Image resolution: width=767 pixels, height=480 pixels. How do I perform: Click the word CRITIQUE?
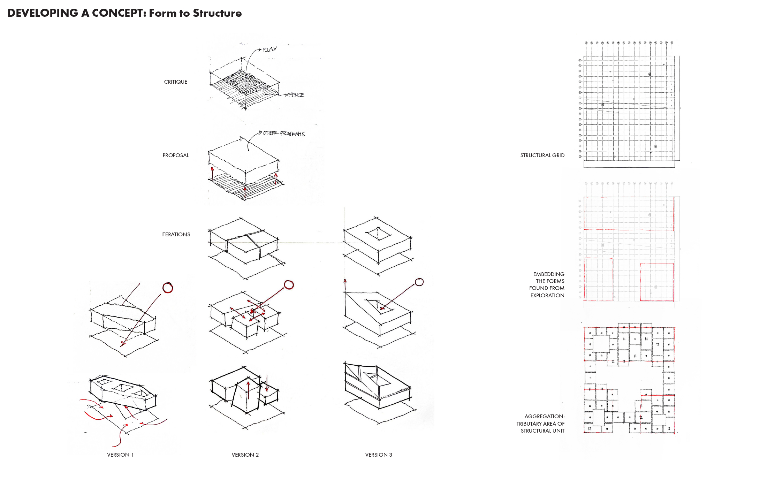point(175,82)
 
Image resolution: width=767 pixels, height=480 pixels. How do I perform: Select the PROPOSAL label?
point(175,155)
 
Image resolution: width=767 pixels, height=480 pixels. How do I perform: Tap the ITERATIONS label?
point(175,235)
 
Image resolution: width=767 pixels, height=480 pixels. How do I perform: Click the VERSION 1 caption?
point(120,455)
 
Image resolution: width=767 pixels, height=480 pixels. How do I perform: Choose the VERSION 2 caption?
point(245,455)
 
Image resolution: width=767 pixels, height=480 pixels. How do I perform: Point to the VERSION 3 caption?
point(378,455)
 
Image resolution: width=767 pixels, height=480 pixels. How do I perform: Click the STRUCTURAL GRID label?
point(542,155)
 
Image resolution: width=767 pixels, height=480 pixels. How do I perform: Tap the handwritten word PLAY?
point(269,49)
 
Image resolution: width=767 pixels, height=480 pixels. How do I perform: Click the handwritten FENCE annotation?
point(295,95)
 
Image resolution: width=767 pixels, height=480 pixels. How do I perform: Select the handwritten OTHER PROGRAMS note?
point(284,134)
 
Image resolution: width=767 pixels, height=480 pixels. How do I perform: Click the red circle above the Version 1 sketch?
point(168,288)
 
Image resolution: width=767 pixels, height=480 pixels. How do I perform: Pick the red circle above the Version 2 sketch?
point(289,285)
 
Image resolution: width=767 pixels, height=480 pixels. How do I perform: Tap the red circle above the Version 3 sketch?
point(419,282)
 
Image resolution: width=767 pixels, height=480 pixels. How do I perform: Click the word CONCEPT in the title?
point(119,13)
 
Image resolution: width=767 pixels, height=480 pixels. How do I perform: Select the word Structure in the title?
point(217,13)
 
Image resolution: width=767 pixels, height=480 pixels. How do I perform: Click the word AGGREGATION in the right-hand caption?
point(544,417)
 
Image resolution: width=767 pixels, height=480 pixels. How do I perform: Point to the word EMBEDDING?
point(548,274)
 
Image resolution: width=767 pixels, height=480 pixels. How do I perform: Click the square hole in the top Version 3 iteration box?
point(378,233)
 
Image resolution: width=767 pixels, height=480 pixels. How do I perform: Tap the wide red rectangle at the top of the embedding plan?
point(629,213)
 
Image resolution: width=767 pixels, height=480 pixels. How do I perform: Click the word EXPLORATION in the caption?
point(547,296)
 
